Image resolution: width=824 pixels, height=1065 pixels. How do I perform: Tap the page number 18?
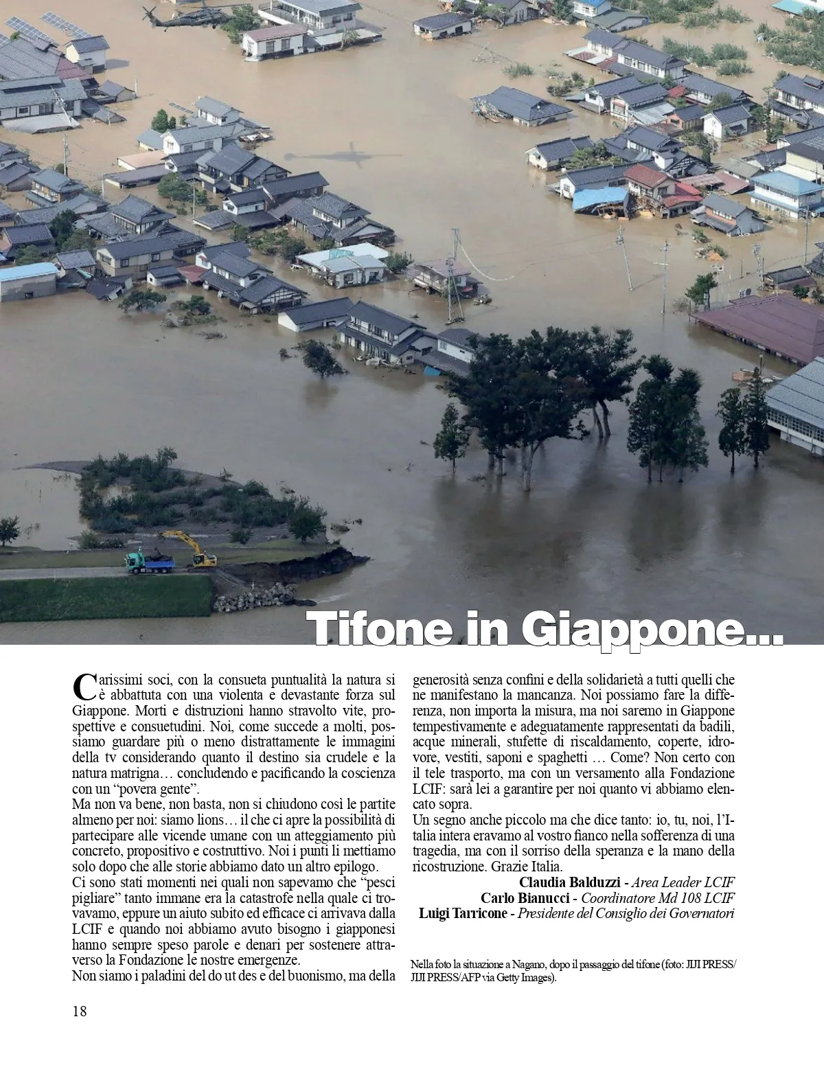80,1011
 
